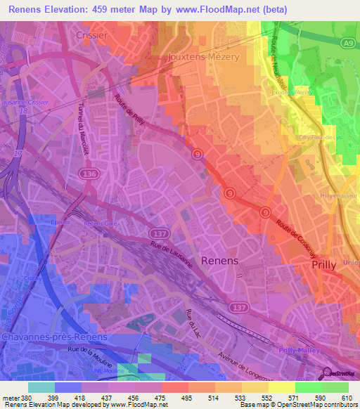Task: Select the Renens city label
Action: [219, 260]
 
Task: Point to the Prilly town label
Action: [326, 266]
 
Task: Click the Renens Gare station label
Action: [99, 224]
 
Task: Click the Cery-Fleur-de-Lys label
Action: [319, 138]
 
